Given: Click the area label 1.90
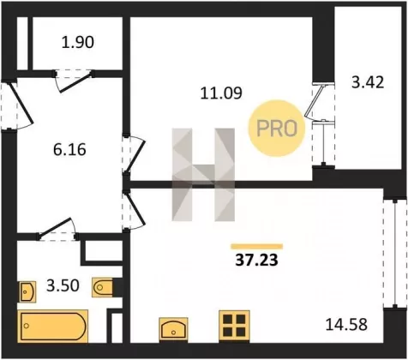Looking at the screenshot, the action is click(78, 42).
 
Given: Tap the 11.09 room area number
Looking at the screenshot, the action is click(221, 93).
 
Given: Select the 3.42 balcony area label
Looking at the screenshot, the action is click(368, 82).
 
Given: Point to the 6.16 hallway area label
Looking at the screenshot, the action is click(69, 149).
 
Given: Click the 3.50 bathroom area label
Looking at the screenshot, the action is click(63, 285).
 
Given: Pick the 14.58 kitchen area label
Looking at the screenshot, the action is click(346, 325).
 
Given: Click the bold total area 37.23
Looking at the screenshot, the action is click(256, 260).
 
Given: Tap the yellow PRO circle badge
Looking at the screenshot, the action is click(277, 128).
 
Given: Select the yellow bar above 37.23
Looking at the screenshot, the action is click(257, 247).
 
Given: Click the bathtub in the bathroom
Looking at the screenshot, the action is click(53, 326).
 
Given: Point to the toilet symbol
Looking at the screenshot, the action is click(102, 287).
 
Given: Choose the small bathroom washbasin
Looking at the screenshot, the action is click(28, 291).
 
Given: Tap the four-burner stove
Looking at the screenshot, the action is click(234, 326).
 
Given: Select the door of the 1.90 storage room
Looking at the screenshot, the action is click(75, 81).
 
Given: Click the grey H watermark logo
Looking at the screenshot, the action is click(203, 175).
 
